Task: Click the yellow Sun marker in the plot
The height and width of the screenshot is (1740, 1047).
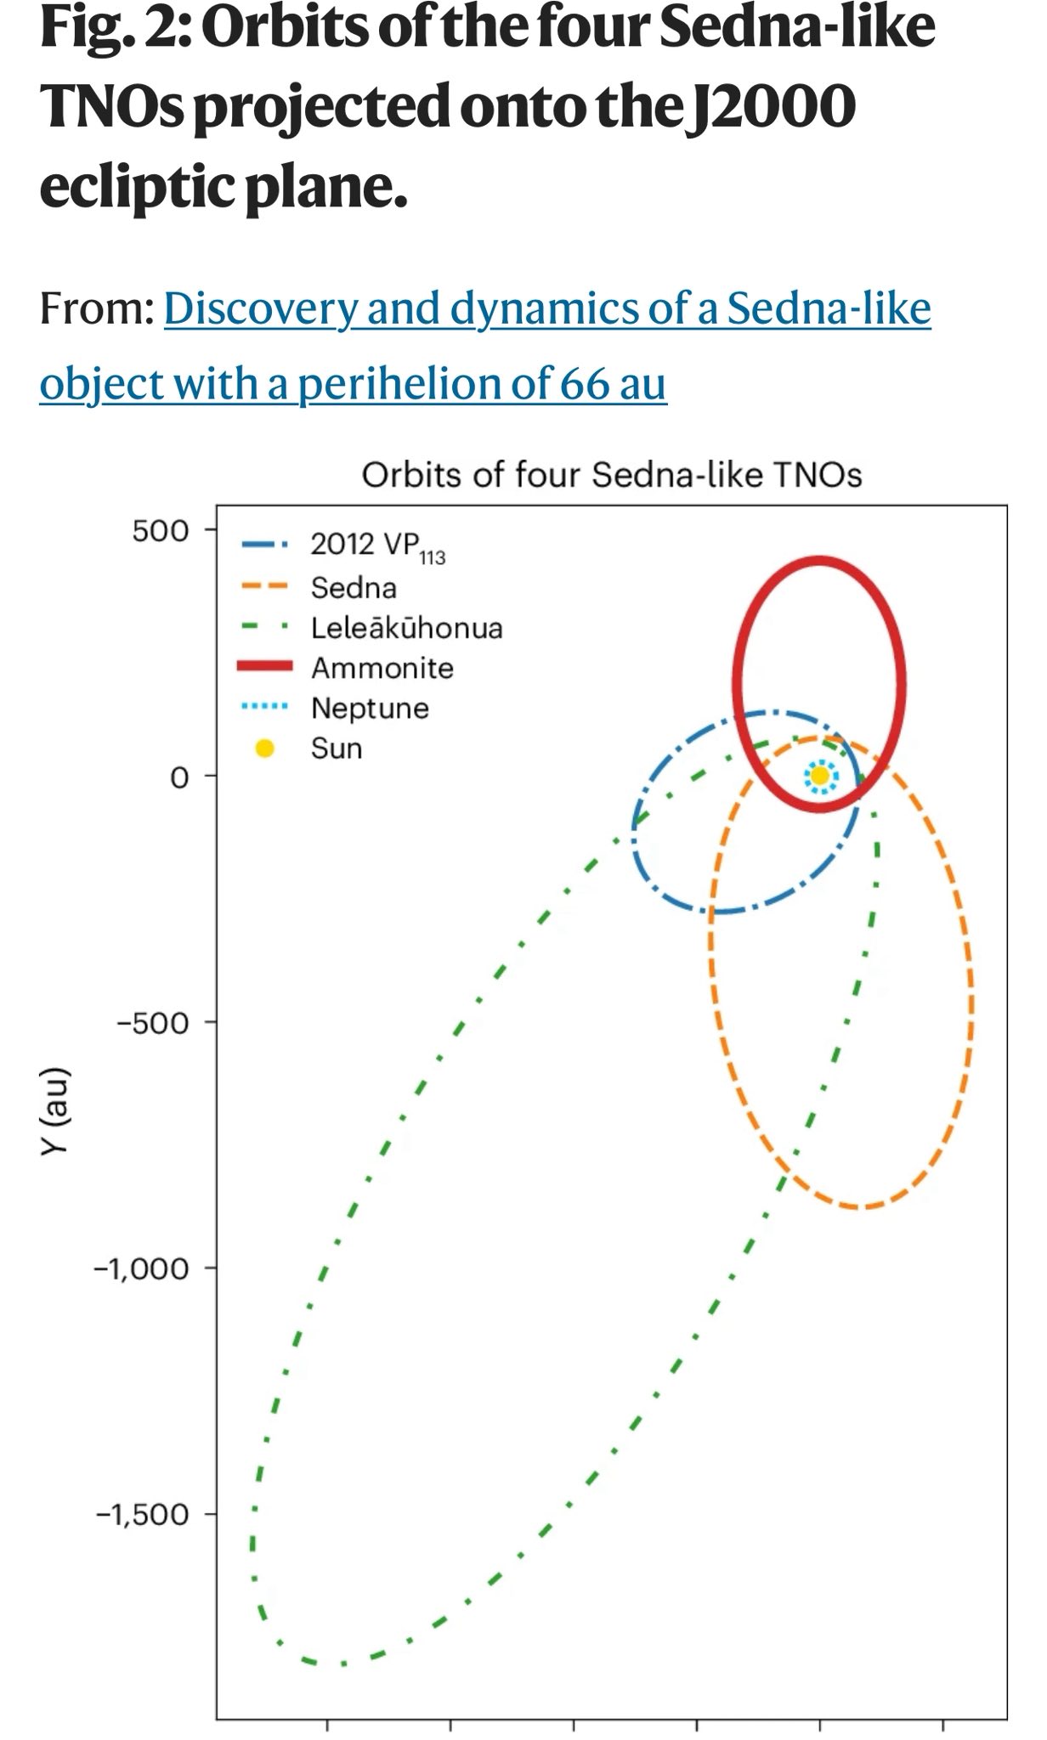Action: click(819, 775)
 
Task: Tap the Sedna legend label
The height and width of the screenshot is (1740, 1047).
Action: click(354, 588)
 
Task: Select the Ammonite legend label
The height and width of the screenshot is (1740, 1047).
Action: click(382, 668)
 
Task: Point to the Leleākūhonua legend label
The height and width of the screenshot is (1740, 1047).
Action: click(406, 628)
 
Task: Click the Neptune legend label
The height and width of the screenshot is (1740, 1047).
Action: click(370, 708)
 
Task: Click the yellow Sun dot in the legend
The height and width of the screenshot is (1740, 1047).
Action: click(265, 749)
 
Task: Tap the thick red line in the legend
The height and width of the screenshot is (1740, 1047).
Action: click(265, 668)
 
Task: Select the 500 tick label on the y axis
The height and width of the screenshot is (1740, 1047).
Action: click(160, 531)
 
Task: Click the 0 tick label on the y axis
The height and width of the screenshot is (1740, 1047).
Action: click(178, 777)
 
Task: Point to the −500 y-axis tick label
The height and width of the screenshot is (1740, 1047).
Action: click(153, 1022)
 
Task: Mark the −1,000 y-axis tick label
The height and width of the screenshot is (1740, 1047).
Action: click(142, 1268)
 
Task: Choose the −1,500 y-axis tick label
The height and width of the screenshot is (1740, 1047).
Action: click(142, 1514)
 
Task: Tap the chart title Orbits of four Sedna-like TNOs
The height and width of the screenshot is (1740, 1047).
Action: click(611, 475)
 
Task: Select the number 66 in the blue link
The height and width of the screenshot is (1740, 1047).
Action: click(583, 383)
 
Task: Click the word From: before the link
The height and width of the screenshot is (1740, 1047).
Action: click(96, 308)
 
